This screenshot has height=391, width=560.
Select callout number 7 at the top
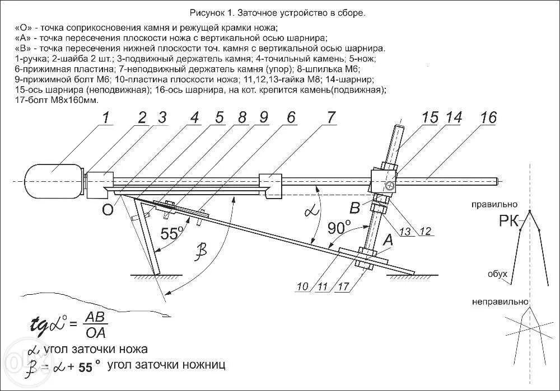(330, 118)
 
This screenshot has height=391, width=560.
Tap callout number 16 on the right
(488, 118)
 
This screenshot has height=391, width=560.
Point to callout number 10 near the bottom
(302, 287)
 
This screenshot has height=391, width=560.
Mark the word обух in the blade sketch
(497, 274)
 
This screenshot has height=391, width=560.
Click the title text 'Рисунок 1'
(211, 12)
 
